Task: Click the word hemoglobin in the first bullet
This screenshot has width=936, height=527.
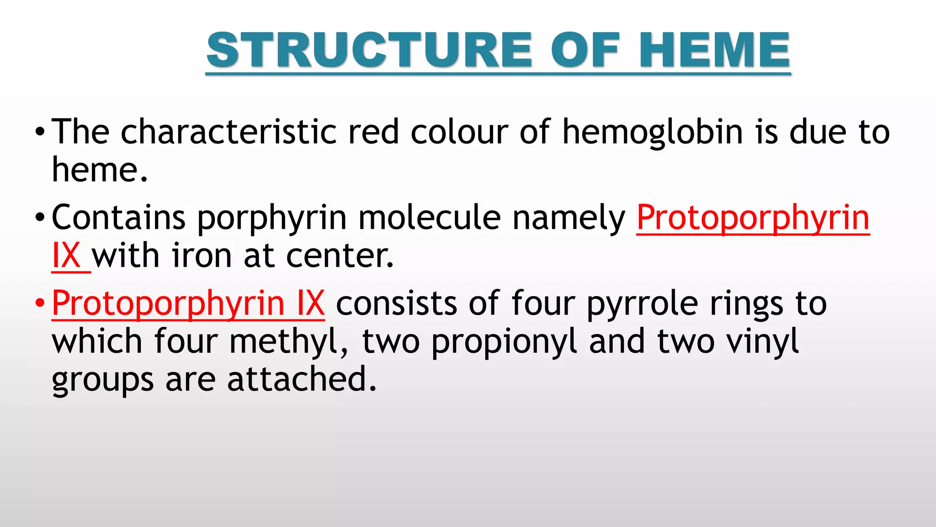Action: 653,132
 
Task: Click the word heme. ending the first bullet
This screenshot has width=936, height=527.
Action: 100,170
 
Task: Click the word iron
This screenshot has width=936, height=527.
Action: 202,256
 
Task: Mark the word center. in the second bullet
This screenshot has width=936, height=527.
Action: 340,256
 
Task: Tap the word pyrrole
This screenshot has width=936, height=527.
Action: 642,304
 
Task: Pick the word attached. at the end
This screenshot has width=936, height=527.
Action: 302,379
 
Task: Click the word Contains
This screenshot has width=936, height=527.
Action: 118,218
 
